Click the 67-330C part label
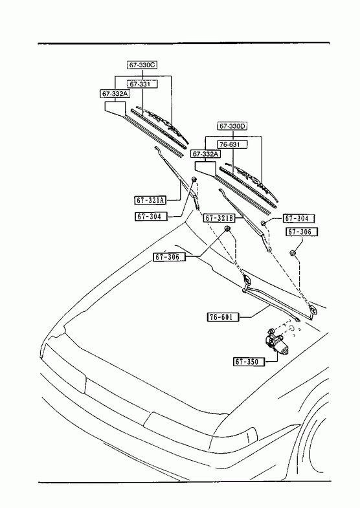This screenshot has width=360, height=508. (142, 65)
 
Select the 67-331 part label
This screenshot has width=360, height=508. (142, 84)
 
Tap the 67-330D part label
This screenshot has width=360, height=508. (232, 126)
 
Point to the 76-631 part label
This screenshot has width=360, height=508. (232, 144)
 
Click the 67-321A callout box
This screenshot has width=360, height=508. (150, 200)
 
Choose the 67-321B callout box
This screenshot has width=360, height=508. (219, 218)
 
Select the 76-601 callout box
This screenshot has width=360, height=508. (223, 317)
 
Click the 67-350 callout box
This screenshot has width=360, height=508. (249, 362)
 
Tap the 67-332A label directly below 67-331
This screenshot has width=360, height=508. (115, 94)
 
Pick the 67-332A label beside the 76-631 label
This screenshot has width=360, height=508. (205, 154)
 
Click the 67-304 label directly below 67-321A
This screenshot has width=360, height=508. (151, 216)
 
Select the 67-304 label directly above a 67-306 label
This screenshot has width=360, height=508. (299, 218)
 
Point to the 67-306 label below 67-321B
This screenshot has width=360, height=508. (170, 257)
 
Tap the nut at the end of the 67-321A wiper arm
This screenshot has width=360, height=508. (194, 179)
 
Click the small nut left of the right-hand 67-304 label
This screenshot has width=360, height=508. (264, 223)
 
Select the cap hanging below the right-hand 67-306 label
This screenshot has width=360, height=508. (293, 253)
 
